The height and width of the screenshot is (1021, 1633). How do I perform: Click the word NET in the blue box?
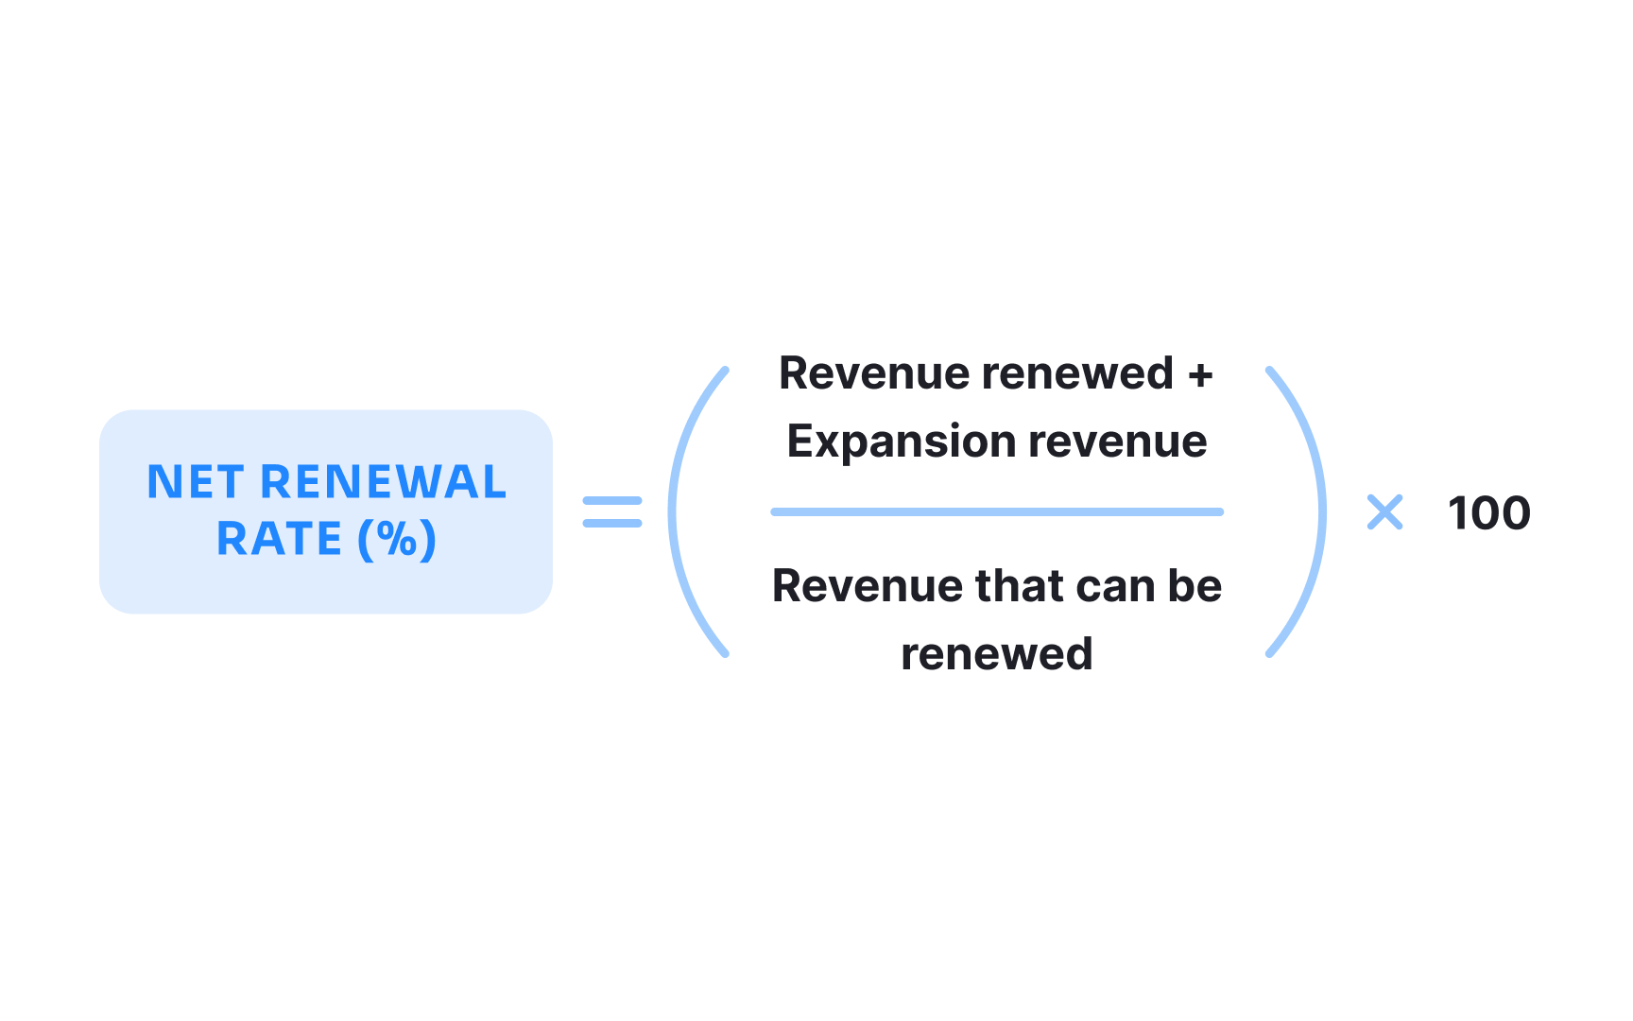[x=196, y=482]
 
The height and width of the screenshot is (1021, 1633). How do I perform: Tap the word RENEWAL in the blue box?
[x=383, y=482]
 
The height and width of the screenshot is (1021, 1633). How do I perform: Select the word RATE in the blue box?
[x=279, y=540]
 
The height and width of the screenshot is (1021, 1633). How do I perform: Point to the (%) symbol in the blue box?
[x=397, y=540]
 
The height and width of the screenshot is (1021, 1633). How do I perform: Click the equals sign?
[x=612, y=511]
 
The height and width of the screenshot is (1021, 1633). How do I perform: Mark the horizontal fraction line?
[x=997, y=511]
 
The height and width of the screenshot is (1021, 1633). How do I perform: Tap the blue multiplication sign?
[x=1384, y=512]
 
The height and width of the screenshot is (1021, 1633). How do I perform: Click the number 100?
[x=1488, y=513]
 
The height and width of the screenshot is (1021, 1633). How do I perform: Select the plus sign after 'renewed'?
[x=1200, y=374]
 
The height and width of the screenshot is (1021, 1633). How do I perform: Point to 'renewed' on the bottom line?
[x=997, y=654]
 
